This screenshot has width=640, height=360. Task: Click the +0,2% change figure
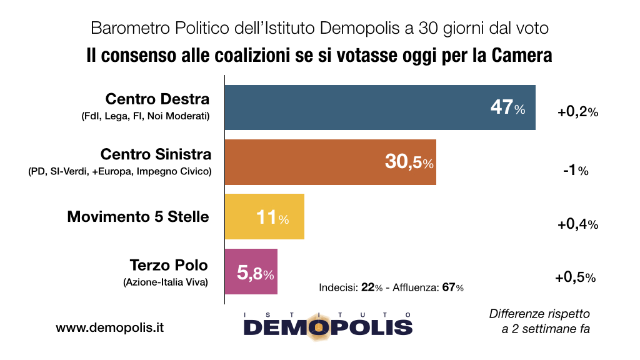click(x=577, y=112)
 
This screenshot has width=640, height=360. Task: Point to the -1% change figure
click(x=574, y=171)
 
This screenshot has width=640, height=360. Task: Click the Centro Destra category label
click(x=157, y=99)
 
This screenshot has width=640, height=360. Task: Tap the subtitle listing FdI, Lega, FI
click(x=145, y=117)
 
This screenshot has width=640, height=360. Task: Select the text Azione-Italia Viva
click(x=166, y=282)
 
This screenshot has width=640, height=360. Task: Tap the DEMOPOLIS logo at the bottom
click(x=327, y=325)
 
